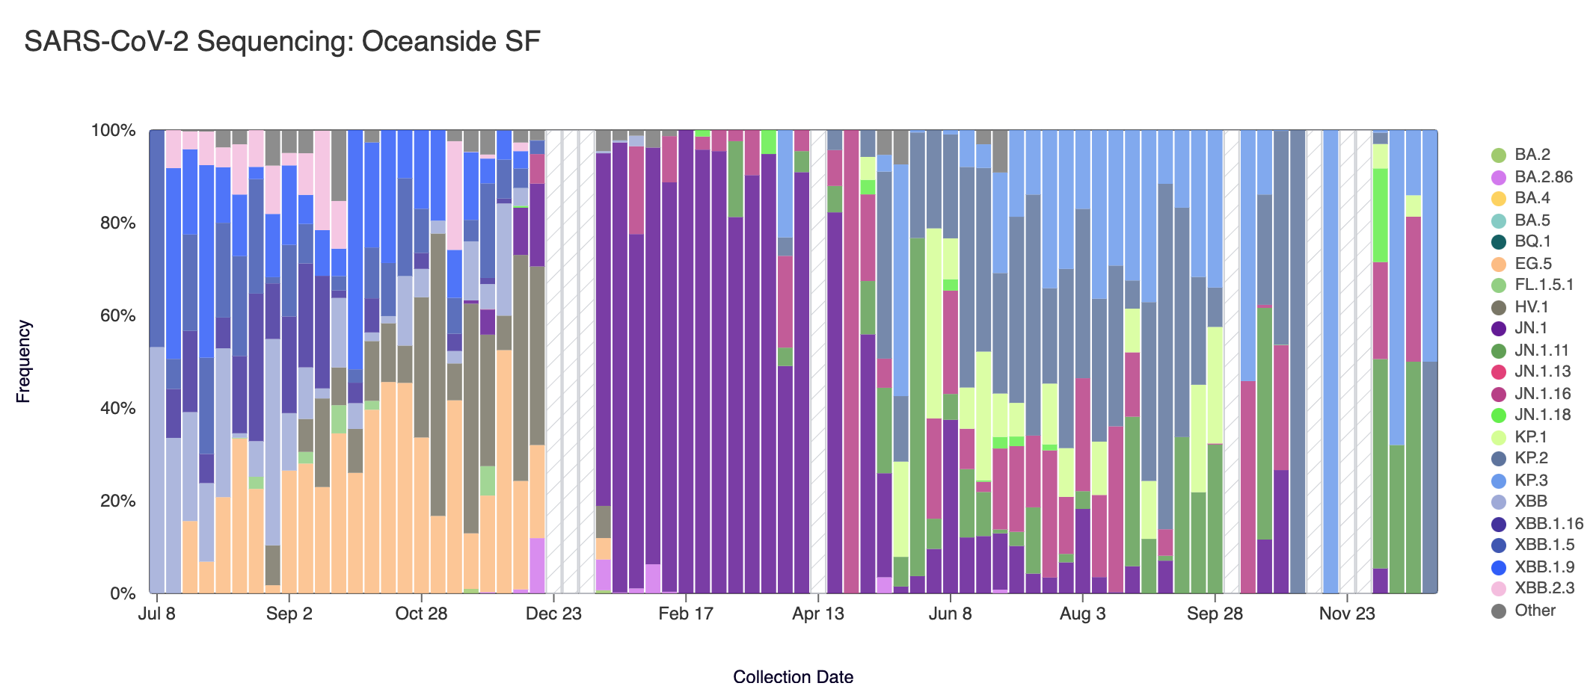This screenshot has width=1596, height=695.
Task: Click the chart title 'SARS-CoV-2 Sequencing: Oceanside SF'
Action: tap(282, 42)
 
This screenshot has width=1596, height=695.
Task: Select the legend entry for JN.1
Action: tap(1530, 328)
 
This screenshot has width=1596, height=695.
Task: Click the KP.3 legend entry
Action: tap(1530, 481)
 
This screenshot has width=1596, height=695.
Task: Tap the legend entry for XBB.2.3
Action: tap(1544, 588)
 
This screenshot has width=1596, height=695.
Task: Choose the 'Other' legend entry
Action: tap(1534, 611)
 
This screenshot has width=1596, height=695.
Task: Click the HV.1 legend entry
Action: tap(1531, 307)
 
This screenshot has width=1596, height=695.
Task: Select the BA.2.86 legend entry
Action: tap(1543, 177)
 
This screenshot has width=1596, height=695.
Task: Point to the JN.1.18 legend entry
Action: tap(1542, 415)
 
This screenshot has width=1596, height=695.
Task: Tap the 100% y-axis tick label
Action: tap(113, 131)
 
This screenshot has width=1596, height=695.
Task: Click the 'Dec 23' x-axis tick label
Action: tap(553, 614)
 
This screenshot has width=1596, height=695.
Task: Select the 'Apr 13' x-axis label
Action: tap(817, 614)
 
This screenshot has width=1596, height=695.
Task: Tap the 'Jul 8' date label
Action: tap(157, 614)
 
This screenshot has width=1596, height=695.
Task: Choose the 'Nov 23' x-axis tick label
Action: tap(1346, 614)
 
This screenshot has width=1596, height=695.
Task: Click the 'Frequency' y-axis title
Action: tap(24, 362)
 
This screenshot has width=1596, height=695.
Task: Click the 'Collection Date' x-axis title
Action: tap(793, 677)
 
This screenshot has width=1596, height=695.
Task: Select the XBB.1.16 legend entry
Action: tap(1548, 524)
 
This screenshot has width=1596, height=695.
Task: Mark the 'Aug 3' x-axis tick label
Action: tap(1082, 614)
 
